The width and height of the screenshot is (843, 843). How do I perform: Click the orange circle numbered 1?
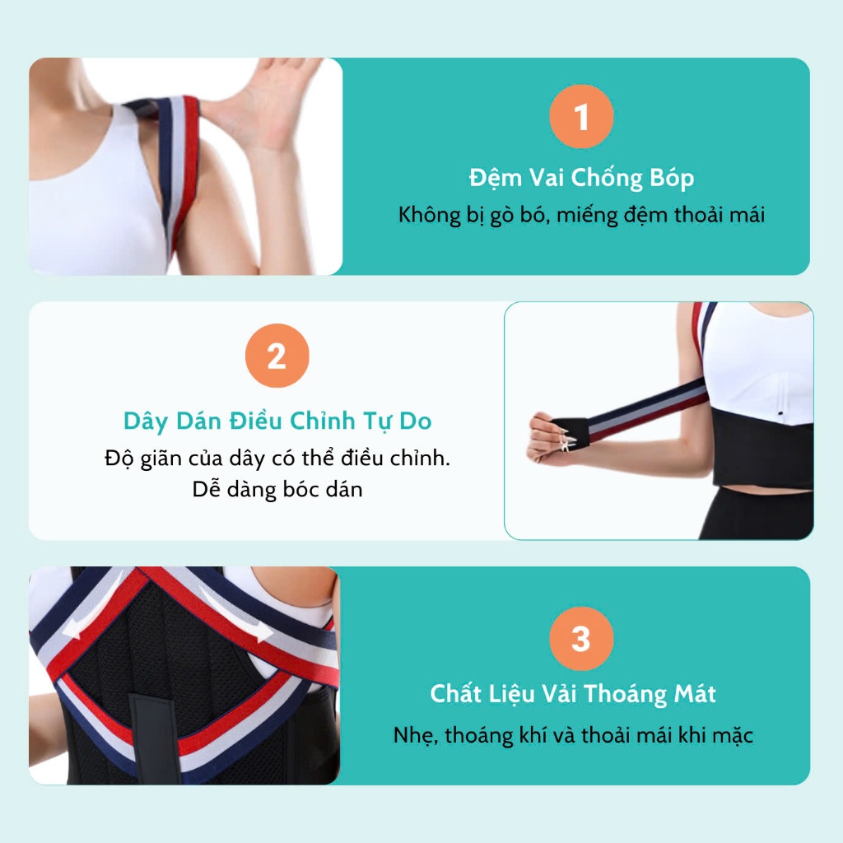pyautogui.click(x=581, y=116)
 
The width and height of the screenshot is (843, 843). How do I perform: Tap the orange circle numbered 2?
pyautogui.click(x=277, y=356)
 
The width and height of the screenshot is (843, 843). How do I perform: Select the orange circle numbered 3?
pyautogui.click(x=581, y=638)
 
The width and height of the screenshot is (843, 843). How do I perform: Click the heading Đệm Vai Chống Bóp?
pyautogui.click(x=581, y=178)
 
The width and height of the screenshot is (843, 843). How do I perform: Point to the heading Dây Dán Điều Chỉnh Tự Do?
pyautogui.click(x=277, y=421)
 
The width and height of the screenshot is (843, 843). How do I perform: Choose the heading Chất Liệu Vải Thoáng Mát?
pyautogui.click(x=573, y=693)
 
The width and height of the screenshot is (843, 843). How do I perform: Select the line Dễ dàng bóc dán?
pyautogui.click(x=277, y=490)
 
